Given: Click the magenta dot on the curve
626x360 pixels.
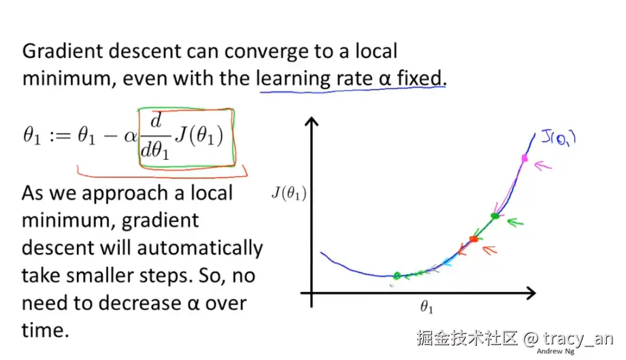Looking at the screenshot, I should [x=524, y=159].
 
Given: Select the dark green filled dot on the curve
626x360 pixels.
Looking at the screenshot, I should [x=495, y=216].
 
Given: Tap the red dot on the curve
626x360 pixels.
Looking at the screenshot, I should [x=474, y=238].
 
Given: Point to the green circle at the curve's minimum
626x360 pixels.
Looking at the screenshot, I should [x=397, y=276].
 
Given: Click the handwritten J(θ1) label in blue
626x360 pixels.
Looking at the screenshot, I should [x=558, y=138].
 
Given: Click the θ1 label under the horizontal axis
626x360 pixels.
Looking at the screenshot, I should [x=427, y=308].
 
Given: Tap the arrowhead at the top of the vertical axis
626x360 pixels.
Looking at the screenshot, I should [x=312, y=122].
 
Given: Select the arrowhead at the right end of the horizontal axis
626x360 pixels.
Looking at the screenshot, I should [x=531, y=293].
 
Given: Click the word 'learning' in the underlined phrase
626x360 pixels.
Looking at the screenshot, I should [x=293, y=78].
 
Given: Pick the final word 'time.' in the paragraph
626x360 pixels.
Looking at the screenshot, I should [x=46, y=330].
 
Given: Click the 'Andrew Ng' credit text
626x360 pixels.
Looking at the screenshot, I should [x=555, y=351].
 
